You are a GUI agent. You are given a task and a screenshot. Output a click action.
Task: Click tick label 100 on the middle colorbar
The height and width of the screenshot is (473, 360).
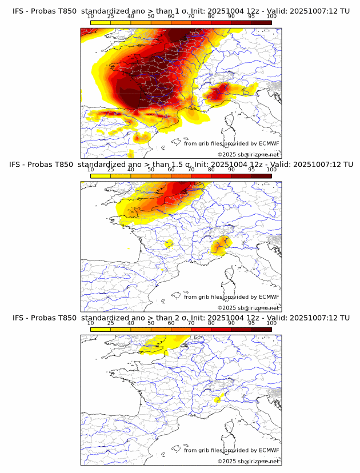pos(271,170)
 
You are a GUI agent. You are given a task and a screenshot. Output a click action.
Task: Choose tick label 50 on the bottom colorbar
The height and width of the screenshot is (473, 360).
pos(151,323)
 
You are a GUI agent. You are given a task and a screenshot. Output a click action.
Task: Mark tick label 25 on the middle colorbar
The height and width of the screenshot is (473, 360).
pos(110,170)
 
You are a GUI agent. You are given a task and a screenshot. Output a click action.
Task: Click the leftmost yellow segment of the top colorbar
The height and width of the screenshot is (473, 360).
pos(100,22)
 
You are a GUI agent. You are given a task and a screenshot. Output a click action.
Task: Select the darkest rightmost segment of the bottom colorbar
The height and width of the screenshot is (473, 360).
pos(262,330)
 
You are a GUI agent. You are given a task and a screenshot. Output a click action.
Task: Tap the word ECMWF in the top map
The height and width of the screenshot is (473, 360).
pos(269,144)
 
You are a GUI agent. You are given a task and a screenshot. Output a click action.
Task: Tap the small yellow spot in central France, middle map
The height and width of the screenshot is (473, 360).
pos(169,244)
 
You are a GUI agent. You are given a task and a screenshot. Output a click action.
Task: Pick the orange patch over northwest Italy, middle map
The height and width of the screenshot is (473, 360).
pos(219,246)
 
